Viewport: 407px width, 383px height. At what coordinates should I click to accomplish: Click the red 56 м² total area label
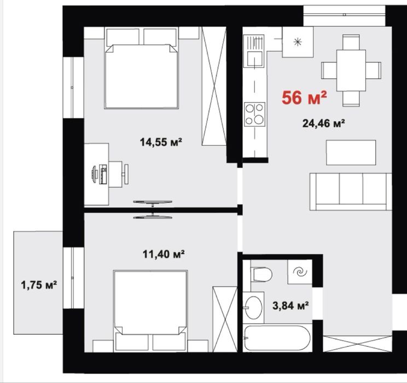[304, 97]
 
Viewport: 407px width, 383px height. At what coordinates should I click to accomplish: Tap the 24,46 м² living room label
[323, 123]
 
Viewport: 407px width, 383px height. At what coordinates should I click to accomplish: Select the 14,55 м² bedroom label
[161, 142]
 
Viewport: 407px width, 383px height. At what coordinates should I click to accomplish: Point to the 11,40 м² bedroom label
[164, 254]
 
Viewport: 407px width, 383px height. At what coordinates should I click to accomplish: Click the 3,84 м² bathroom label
[290, 305]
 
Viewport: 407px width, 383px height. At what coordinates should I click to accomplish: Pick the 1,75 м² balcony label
[39, 285]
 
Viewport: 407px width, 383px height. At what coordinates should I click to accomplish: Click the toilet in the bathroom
[261, 275]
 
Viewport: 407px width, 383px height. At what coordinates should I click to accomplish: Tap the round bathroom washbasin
[254, 307]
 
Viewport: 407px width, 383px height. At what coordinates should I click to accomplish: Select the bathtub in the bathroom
[277, 338]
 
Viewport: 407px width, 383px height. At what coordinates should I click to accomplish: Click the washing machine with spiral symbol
[300, 272]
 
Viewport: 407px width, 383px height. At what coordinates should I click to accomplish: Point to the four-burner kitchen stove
[254, 114]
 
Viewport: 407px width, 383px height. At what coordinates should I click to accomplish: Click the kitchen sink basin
[254, 59]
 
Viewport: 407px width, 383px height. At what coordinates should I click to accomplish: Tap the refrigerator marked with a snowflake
[298, 42]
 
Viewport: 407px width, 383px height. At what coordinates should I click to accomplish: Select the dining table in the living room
[351, 71]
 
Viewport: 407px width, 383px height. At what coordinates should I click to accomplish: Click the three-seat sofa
[351, 191]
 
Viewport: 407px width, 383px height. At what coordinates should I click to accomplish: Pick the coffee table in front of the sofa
[351, 153]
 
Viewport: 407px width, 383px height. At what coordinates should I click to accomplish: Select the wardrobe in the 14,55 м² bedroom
[214, 86]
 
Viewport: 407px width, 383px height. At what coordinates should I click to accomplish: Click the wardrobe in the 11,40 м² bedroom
[225, 319]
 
